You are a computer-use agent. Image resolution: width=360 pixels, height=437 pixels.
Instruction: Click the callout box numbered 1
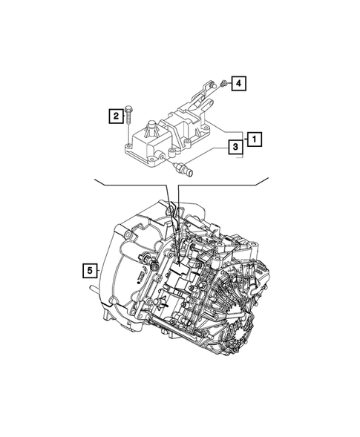(x=254, y=137)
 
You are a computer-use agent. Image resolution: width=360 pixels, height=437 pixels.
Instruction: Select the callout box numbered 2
(x=116, y=116)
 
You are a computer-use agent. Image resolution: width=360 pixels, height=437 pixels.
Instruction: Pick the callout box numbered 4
(x=237, y=84)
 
